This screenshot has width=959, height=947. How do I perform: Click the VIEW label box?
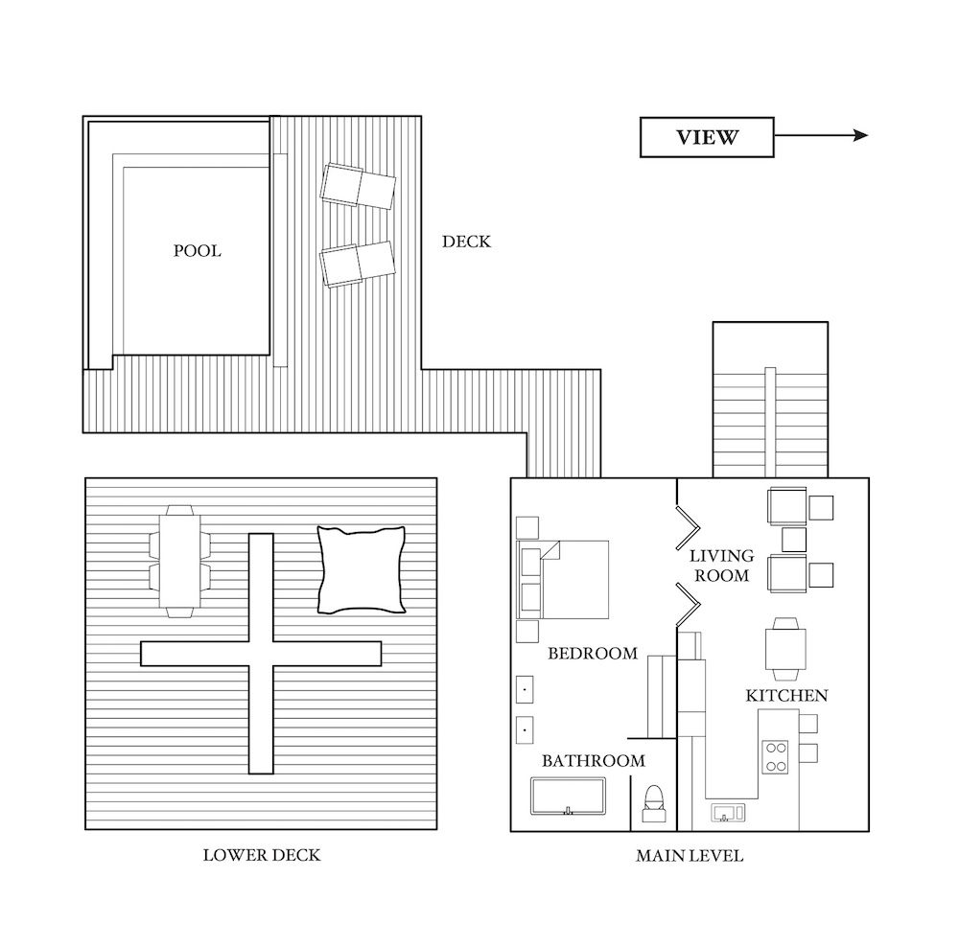(707, 137)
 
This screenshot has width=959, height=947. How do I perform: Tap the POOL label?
(197, 251)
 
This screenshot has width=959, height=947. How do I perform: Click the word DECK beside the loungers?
(467, 242)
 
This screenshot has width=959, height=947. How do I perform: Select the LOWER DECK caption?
(262, 855)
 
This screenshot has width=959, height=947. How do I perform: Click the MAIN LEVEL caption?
(690, 855)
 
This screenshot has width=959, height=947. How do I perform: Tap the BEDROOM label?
(593, 654)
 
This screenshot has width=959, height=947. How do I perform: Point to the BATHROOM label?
(594, 760)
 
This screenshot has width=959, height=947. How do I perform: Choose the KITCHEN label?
(786, 695)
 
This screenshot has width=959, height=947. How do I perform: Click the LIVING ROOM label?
(722, 566)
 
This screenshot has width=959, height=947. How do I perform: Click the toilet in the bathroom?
(653, 803)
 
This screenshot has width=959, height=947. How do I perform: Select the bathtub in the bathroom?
(568, 796)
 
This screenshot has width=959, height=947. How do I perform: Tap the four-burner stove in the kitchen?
(775, 757)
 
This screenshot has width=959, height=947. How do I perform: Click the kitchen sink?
(728, 814)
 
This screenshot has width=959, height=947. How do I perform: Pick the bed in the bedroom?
(563, 579)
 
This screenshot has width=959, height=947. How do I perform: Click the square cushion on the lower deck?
(362, 569)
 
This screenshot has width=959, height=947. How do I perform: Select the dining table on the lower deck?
(180, 562)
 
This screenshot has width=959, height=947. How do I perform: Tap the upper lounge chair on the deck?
(358, 185)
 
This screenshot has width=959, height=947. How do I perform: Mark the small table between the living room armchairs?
(794, 540)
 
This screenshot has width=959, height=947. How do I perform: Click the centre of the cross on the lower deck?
(261, 654)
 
